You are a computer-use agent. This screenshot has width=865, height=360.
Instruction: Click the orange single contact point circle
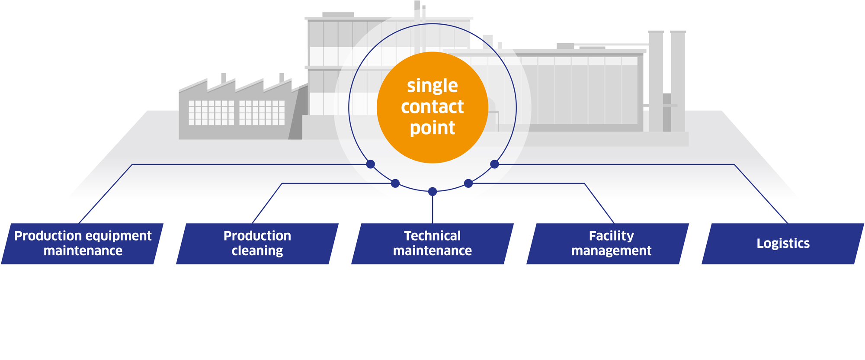pos(432,107)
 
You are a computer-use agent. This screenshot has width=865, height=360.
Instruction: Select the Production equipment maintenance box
pos(82,244)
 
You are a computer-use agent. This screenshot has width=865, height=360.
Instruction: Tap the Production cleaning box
pos(257,244)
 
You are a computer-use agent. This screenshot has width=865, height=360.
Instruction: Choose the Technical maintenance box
pos(432,244)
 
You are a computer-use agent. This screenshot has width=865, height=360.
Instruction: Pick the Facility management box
pos(608,244)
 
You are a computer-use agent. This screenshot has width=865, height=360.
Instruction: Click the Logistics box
pos(783,244)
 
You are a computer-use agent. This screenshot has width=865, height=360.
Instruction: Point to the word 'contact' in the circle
pos(432,106)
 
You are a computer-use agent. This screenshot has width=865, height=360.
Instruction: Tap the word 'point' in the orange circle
pos(432,128)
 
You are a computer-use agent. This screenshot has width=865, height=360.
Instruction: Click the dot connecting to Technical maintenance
pos(432,191)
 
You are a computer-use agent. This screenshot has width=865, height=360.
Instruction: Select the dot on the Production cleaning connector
pos(395,183)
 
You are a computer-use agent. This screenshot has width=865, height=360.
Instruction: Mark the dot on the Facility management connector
pos(468,183)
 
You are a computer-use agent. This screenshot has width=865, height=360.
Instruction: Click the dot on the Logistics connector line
pos(495,164)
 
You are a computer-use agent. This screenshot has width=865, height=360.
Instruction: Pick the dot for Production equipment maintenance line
pos(371,164)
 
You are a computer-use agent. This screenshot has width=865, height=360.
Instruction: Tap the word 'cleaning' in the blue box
pos(257,251)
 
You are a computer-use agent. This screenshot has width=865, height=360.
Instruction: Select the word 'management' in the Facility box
pos(612,251)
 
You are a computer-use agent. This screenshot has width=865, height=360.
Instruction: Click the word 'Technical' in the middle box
pos(432,236)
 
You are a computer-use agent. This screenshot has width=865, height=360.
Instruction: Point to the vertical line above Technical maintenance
pos(432,209)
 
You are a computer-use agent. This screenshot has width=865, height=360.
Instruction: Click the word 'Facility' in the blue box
pos(612,236)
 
